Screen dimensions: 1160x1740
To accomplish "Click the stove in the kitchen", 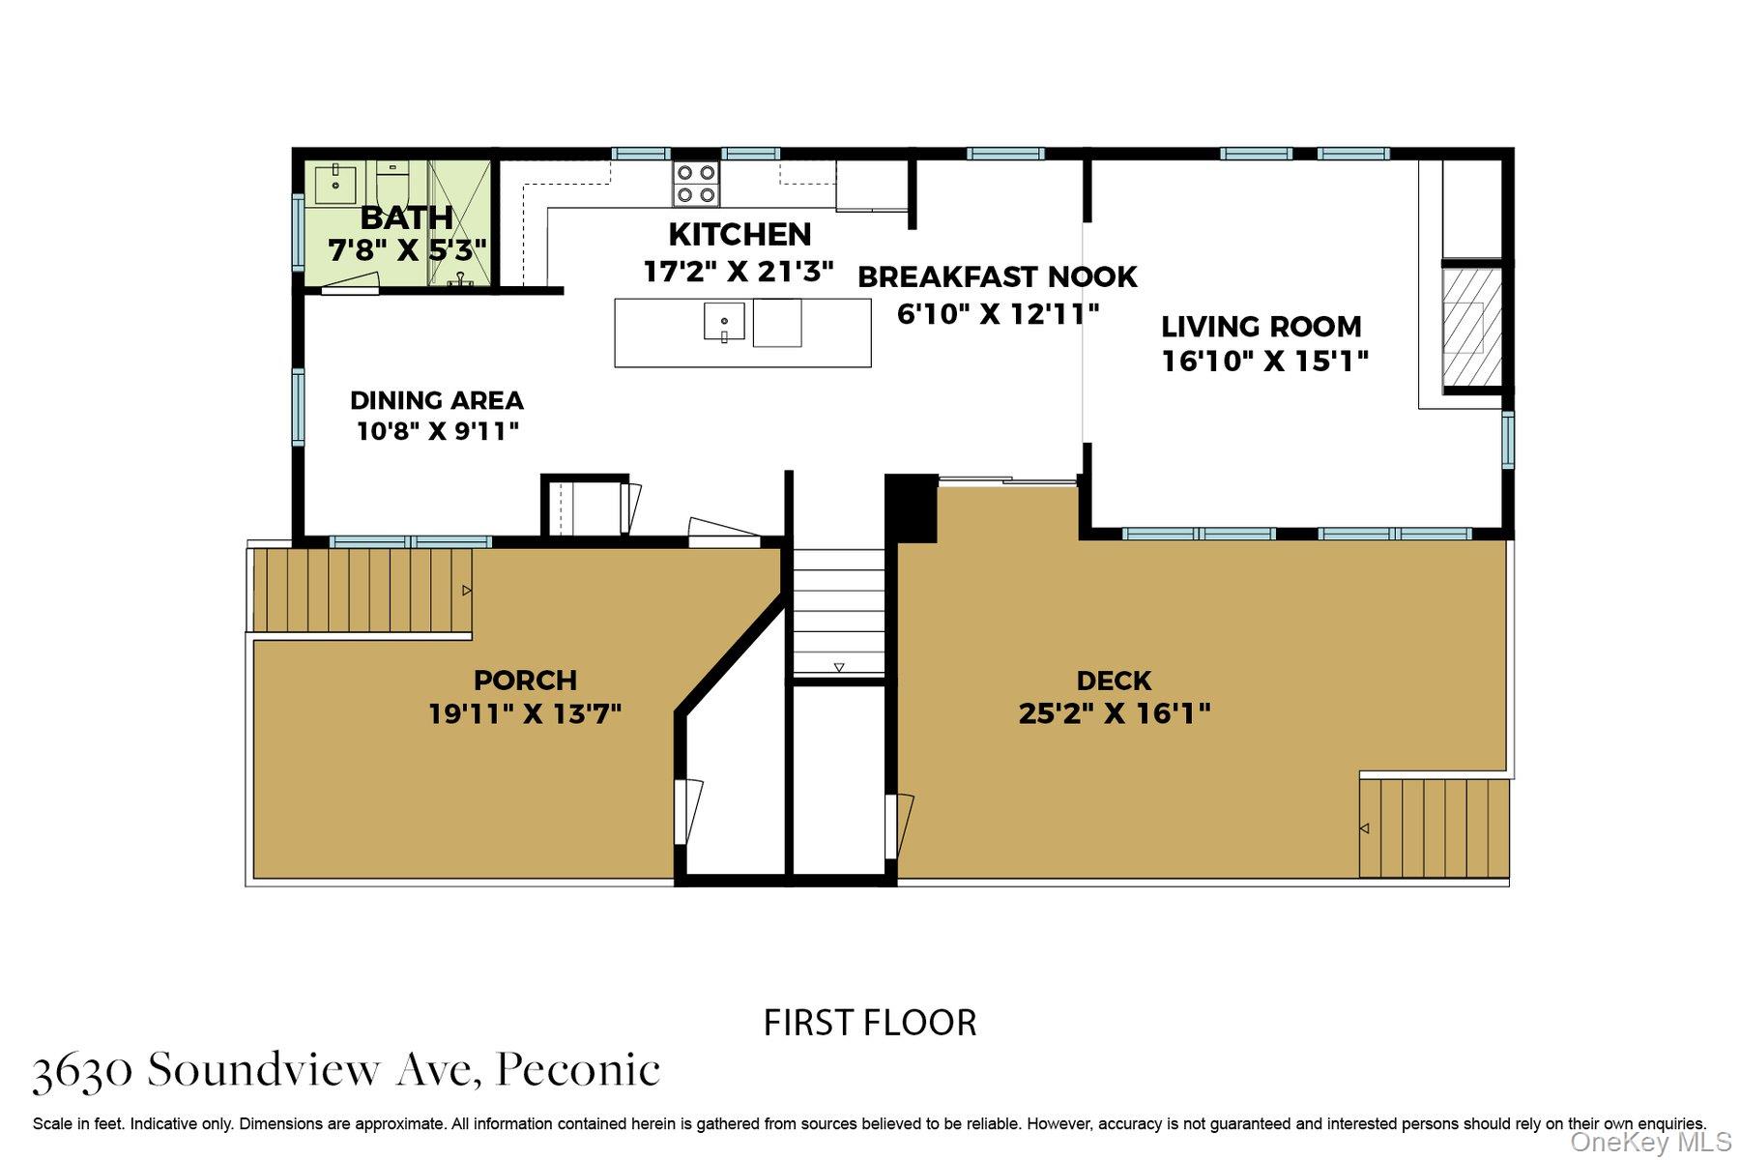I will [696, 184].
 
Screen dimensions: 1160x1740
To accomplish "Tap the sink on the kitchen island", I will [724, 322].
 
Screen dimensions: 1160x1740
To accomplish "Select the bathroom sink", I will [335, 184].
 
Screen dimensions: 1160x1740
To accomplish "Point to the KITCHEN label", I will [739, 235].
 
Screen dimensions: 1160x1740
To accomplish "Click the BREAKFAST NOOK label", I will [997, 277].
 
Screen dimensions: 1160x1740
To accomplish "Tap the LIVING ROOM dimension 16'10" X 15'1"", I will [1264, 362].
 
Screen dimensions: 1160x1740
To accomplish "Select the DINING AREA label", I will [436, 400].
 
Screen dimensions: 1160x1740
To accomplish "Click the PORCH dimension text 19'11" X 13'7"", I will [525, 714].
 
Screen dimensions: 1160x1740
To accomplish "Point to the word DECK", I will [1114, 681].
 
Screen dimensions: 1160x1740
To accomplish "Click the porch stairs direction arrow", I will [467, 590].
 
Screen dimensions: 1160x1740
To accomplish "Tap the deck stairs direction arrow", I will [1364, 828].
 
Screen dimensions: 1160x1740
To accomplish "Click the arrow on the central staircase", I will [838, 667].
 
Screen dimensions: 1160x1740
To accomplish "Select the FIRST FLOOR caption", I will [870, 1023].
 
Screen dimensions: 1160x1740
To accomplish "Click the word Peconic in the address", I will [578, 1070].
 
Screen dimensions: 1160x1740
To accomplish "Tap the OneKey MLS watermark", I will [1650, 1143].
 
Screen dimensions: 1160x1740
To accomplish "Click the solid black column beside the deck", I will [911, 507].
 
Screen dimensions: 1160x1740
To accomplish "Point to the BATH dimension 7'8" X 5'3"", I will [406, 251].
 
